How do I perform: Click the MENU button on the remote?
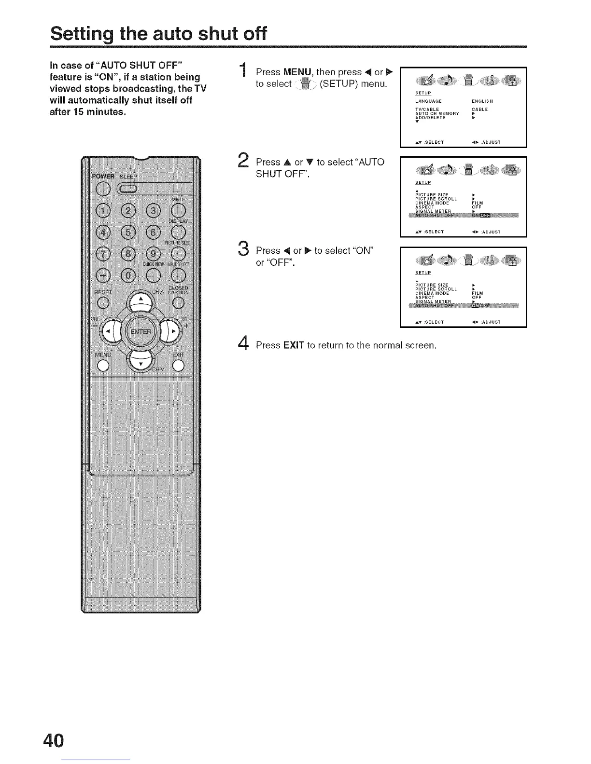pos(103,366)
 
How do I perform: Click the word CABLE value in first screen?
pos(479,109)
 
